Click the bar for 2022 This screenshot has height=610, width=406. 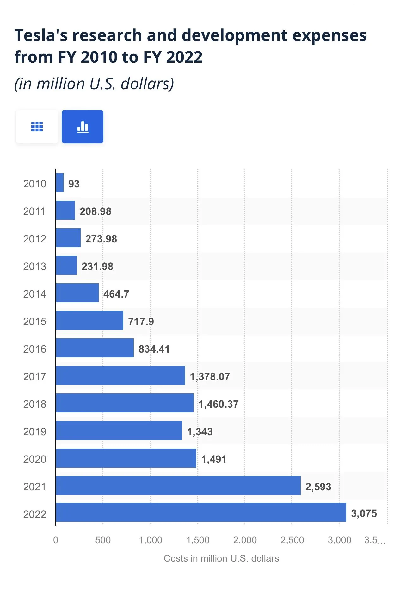click(x=201, y=512)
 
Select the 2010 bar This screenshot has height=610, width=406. click(x=60, y=183)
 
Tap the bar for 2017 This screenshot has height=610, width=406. click(x=120, y=375)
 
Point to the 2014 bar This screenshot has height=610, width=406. click(x=77, y=293)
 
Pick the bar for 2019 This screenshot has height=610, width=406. click(x=119, y=431)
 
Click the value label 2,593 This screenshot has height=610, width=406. click(x=318, y=487)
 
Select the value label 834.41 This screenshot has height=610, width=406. click(x=154, y=349)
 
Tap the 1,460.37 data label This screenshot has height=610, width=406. click(x=218, y=404)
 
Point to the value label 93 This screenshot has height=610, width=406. click(x=74, y=184)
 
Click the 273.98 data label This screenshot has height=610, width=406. click(x=101, y=239)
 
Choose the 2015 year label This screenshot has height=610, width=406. click(x=35, y=321)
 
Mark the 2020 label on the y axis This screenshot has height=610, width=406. click(x=35, y=459)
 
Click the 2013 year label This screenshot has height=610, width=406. click(x=35, y=266)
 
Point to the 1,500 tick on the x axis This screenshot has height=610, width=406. click(x=198, y=540)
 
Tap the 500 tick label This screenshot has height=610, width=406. click(x=103, y=540)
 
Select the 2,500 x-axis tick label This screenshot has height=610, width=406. click(x=292, y=540)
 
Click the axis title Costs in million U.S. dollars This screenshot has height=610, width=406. click(x=221, y=558)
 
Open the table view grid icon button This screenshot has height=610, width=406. click(x=37, y=127)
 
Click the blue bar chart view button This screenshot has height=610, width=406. click(x=83, y=127)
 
